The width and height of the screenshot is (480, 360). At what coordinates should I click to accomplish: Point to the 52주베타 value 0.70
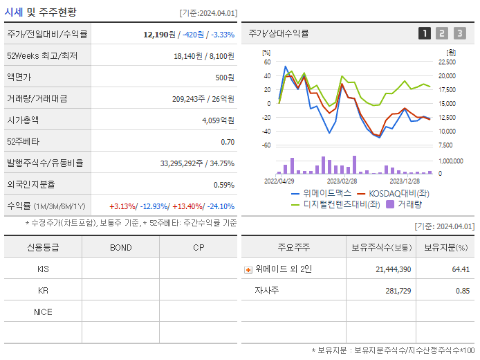tap(228, 142)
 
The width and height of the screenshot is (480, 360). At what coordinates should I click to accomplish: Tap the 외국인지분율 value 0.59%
tap(223, 185)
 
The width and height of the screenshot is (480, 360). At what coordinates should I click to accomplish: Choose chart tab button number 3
tap(459, 33)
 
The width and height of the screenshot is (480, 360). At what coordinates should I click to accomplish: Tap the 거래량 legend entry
tap(409, 204)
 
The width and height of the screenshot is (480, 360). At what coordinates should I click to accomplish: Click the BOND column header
tap(120, 247)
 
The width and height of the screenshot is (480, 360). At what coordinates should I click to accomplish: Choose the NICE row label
tap(43, 312)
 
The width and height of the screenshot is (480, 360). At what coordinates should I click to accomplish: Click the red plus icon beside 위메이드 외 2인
tap(248, 269)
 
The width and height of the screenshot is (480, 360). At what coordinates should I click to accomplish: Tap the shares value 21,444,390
tap(391, 269)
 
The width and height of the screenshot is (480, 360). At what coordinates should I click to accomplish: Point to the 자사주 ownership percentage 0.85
tap(462, 291)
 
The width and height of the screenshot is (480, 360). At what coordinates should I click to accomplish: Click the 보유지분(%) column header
tap(445, 247)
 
